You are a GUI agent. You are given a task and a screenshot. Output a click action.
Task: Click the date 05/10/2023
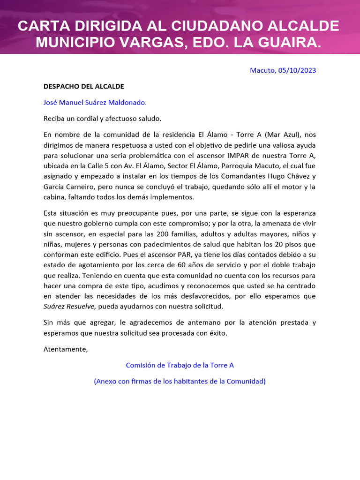297,70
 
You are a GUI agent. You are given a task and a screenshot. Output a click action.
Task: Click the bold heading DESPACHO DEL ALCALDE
83,86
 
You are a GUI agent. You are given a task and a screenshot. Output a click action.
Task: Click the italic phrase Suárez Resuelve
69,307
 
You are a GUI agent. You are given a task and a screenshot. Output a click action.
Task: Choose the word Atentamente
65,349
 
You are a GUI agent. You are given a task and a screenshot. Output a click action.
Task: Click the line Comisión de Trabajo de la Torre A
180,365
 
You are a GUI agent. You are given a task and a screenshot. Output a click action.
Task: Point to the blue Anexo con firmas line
180,381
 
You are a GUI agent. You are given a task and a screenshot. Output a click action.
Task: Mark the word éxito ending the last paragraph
217,333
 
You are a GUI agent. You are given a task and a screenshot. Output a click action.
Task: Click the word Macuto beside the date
262,70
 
